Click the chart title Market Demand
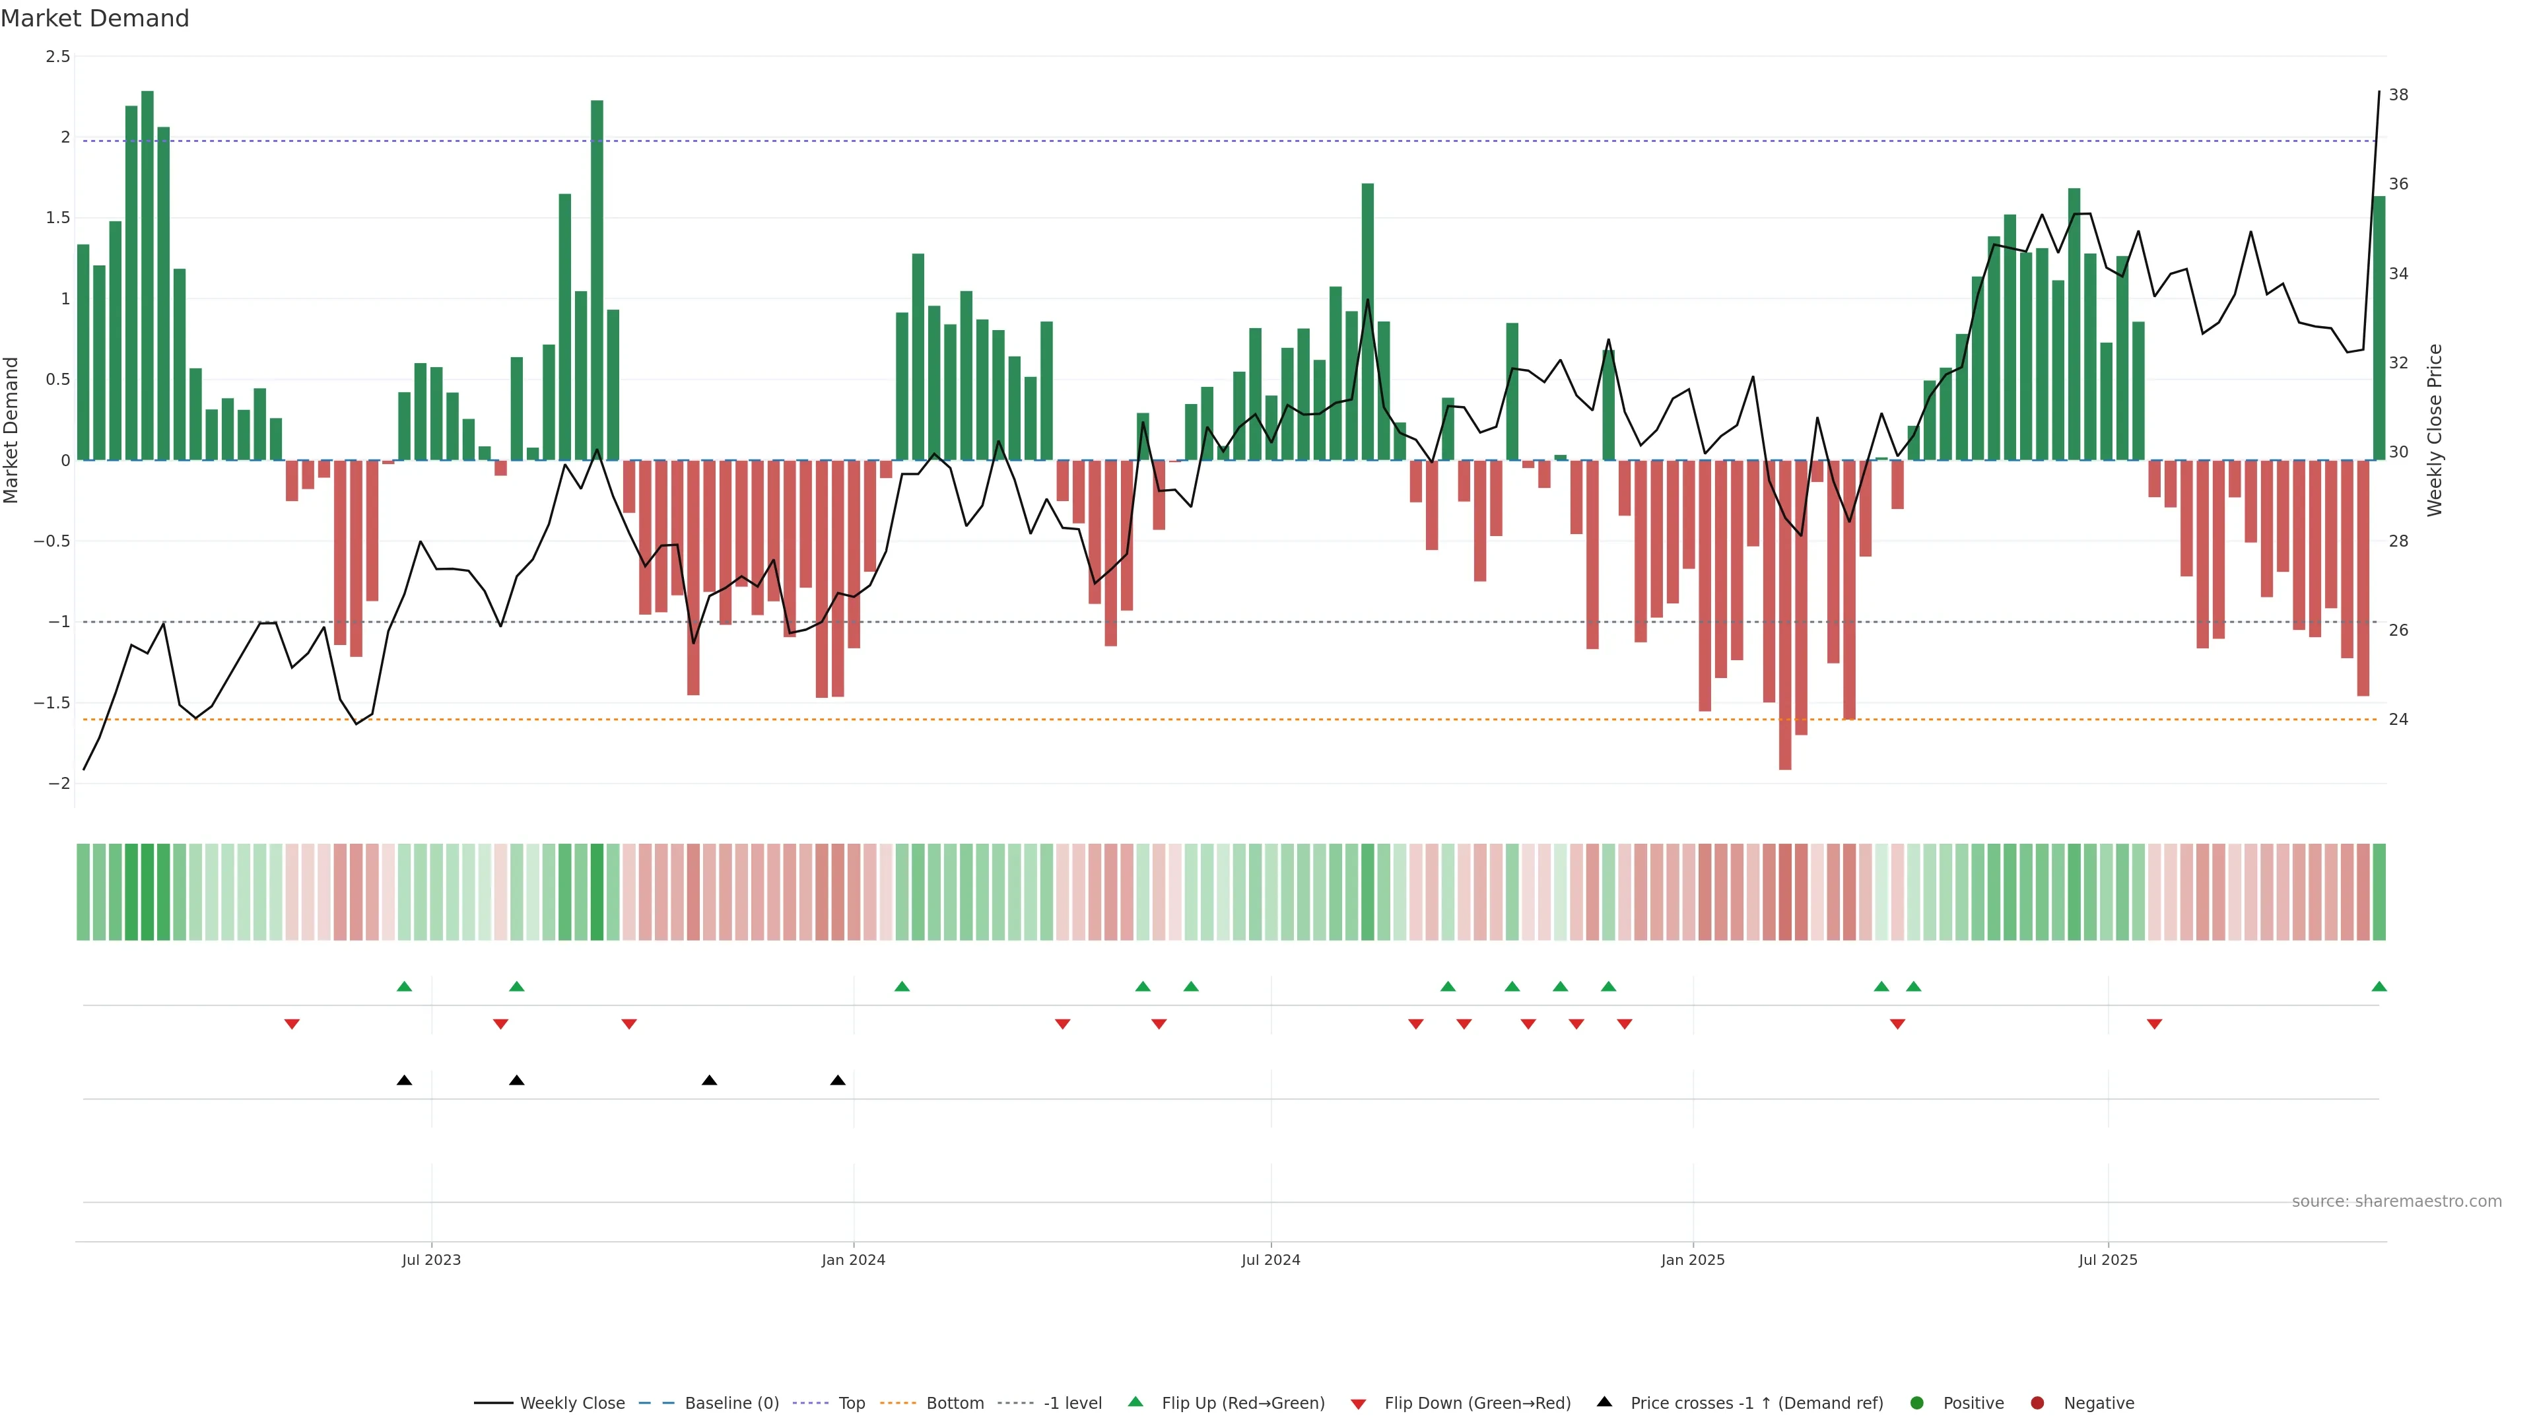(94, 18)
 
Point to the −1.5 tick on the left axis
(52, 702)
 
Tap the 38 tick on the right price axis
(2398, 96)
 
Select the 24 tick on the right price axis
(2398, 720)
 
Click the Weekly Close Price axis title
(2435, 430)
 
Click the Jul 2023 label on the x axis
(431, 1260)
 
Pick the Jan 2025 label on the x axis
(1693, 1260)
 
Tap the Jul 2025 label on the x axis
(2108, 1260)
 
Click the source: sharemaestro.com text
(2396, 1202)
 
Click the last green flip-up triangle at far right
(2379, 986)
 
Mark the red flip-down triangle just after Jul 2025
(2154, 1025)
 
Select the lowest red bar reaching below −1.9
(1785, 615)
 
